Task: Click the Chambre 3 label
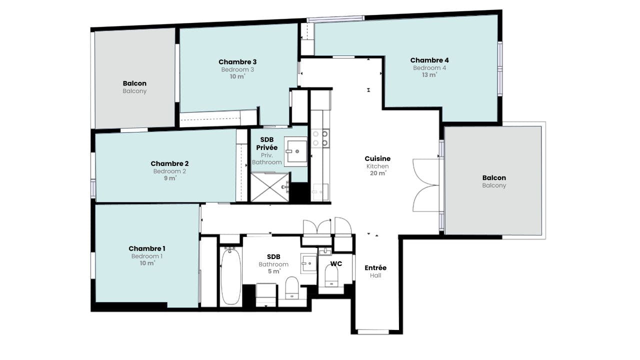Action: tap(237, 61)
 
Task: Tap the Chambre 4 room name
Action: tap(429, 60)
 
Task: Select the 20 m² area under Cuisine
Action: tap(378, 173)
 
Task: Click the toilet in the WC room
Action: tap(331, 275)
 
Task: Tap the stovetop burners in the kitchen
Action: tap(320, 138)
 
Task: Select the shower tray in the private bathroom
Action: tap(270, 187)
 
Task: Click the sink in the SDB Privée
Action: tap(295, 151)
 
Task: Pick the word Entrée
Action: tap(375, 267)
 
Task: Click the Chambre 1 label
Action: tap(147, 248)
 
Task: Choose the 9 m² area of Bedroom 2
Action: tap(170, 178)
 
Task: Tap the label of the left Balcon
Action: tap(134, 83)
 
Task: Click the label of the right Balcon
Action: tap(494, 177)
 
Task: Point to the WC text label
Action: tap(336, 263)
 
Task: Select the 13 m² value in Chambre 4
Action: tap(429, 75)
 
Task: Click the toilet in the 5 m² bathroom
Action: tap(292, 287)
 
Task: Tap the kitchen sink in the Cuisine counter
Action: tap(320, 192)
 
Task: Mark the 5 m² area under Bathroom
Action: tap(273, 271)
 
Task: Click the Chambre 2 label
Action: tap(169, 163)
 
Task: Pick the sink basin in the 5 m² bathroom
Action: tap(309, 263)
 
